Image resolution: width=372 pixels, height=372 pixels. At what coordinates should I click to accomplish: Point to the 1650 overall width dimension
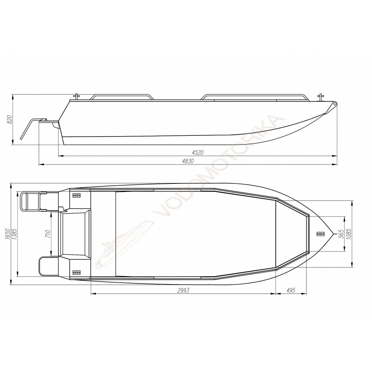(x=8, y=235)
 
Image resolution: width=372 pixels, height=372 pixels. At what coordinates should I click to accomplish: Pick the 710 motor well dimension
(x=47, y=234)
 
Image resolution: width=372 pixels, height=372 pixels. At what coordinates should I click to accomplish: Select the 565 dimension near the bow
(x=340, y=233)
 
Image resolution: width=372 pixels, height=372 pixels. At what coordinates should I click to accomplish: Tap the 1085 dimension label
(x=349, y=234)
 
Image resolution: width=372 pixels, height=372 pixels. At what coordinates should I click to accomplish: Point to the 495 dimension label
(x=291, y=291)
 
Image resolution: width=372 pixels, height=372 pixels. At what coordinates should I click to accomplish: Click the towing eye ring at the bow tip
(x=335, y=103)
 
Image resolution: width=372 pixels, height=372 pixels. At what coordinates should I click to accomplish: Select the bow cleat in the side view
(x=320, y=97)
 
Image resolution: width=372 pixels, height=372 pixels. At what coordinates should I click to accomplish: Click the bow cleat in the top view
(x=318, y=234)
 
